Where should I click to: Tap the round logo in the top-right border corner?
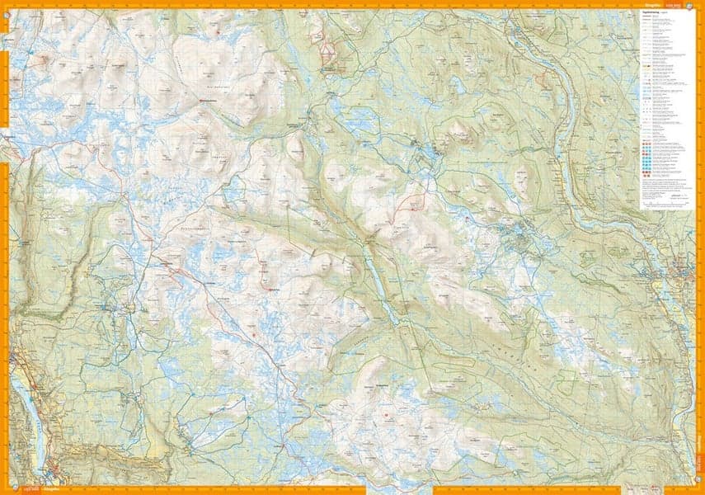point(696,6)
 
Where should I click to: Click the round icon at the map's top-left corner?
point(7,7)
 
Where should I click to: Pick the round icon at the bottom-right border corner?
point(698,488)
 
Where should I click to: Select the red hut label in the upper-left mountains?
point(213,101)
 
